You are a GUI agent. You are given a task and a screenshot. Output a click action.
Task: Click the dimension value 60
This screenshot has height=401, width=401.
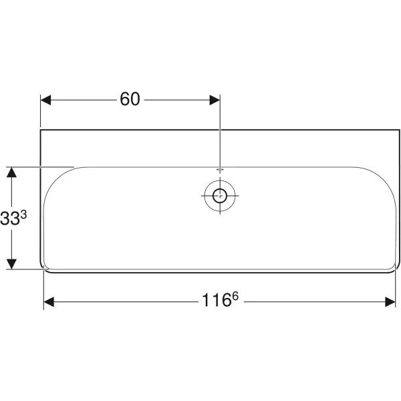coord(130,100)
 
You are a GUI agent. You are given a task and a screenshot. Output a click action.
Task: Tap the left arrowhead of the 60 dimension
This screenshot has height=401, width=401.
coord(46,100)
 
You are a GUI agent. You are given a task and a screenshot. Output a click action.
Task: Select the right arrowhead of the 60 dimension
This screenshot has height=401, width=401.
coord(215,100)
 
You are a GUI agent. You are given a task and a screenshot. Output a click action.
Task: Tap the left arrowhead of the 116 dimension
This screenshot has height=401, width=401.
coord(49,302)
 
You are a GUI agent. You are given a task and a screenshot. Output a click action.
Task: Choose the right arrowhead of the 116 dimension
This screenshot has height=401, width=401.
coord(390,302)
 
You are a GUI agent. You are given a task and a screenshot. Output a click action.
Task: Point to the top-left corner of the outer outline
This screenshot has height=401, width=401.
coord(41,130)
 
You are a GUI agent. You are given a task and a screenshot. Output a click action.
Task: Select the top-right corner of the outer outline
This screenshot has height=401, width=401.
coord(399,130)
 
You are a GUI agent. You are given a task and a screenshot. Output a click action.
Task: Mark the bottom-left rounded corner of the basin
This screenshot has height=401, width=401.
coord(45,269)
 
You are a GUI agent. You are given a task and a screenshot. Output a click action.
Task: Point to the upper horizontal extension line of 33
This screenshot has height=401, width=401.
coord(40,166)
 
